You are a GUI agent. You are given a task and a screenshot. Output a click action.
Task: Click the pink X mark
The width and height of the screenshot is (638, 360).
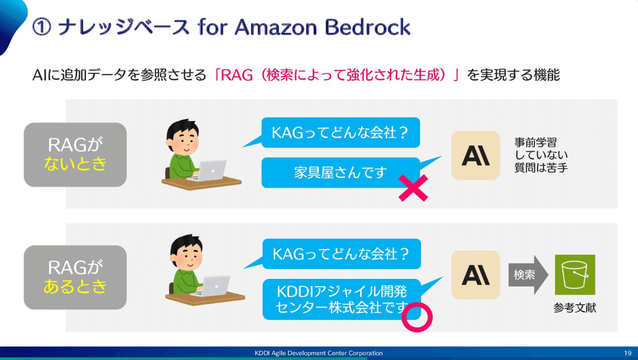coord(413,188)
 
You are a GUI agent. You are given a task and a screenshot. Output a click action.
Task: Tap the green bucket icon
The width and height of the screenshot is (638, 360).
coord(575,274)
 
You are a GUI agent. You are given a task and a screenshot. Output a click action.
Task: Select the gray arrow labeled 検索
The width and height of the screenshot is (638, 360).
coord(528,274)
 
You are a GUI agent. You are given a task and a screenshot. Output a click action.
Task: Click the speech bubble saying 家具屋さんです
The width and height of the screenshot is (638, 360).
coord(341,173)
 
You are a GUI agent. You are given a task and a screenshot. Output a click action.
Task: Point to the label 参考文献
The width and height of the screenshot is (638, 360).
coord(575,308)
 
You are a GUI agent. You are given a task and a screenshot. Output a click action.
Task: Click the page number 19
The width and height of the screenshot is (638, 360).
coord(627,353)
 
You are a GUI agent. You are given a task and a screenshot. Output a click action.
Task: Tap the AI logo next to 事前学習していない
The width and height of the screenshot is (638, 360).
coord(476,155)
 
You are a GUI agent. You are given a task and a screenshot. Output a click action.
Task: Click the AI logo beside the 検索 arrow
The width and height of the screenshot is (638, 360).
coord(476,275)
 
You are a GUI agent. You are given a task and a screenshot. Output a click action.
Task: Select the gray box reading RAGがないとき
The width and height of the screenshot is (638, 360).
coord(75,155)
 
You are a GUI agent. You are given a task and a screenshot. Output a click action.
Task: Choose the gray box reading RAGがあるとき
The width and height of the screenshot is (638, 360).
coord(75,278)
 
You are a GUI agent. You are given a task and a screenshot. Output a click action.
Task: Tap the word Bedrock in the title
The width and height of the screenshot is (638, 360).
coord(367,27)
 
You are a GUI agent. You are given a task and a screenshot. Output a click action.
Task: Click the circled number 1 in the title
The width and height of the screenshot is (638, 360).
coord(41,27)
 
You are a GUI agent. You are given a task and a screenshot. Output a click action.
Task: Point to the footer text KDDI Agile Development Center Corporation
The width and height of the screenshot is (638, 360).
coord(318,353)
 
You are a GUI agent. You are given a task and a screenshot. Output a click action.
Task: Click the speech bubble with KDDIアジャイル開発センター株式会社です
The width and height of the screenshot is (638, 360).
coord(342,299)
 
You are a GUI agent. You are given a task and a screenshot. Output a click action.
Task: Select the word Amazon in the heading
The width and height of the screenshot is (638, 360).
coord(276,27)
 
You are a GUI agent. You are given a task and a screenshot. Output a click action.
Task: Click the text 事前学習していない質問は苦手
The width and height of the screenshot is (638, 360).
coord(541,155)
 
